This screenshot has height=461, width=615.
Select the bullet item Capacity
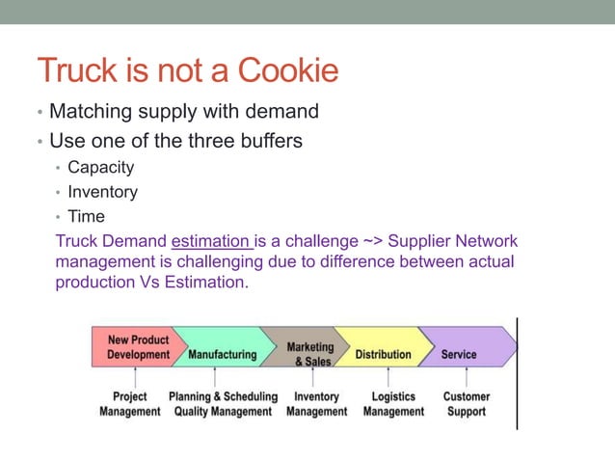(100, 167)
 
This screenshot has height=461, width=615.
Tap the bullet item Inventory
(102, 192)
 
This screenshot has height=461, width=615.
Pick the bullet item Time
(86, 217)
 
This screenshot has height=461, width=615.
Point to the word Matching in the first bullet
(91, 112)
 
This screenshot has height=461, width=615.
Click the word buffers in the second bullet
(264, 141)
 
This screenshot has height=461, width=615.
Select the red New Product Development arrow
(135, 347)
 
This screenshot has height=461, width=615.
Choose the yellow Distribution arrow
(383, 354)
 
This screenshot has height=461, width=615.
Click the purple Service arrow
(460, 354)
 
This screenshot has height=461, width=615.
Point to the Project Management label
(130, 404)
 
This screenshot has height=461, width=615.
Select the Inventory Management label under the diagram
(316, 404)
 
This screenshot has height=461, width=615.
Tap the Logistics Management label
(393, 404)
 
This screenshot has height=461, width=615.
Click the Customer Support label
(466, 404)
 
